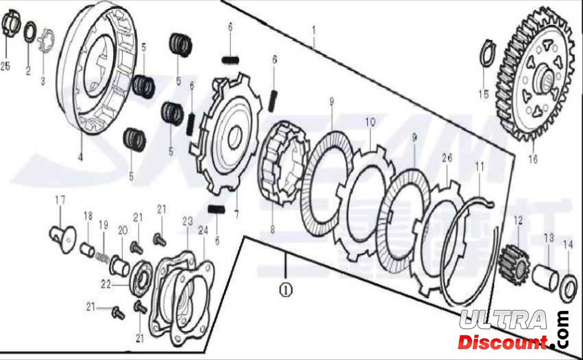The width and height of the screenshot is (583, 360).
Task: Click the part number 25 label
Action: click(x=6, y=66)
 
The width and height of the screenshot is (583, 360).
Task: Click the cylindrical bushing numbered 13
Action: click(x=547, y=277)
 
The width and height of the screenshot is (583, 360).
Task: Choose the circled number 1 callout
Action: click(x=285, y=290)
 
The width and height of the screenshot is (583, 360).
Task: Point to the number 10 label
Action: click(x=370, y=122)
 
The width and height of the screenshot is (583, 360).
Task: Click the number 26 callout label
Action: click(x=447, y=158)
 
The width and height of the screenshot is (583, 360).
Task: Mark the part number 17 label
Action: click(x=60, y=200)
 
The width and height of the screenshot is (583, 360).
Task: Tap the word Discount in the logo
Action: click(x=504, y=341)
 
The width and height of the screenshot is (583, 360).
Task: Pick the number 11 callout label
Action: click(x=480, y=166)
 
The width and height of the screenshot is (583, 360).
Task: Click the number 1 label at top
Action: click(x=314, y=30)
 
